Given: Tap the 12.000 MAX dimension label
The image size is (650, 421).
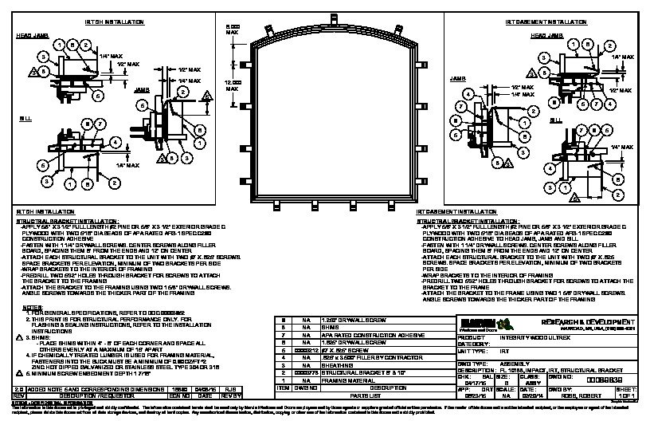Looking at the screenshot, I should click(233, 86).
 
